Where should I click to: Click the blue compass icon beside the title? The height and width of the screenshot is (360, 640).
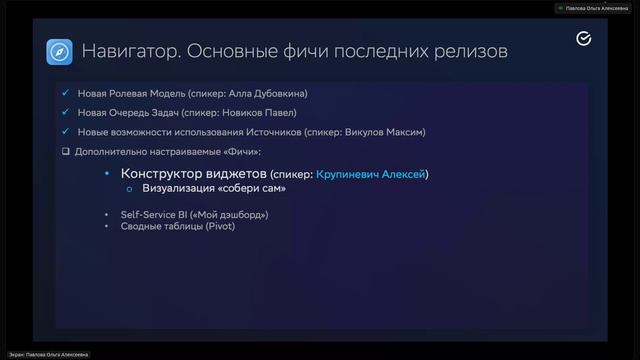pos(59,51)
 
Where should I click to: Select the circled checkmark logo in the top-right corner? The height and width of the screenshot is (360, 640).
pos(585,39)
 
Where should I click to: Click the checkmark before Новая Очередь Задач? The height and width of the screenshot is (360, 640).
pos(66,113)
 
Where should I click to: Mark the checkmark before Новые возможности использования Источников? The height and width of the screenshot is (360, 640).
pos(66,132)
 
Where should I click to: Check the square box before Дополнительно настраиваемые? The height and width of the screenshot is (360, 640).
pos(66,151)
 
